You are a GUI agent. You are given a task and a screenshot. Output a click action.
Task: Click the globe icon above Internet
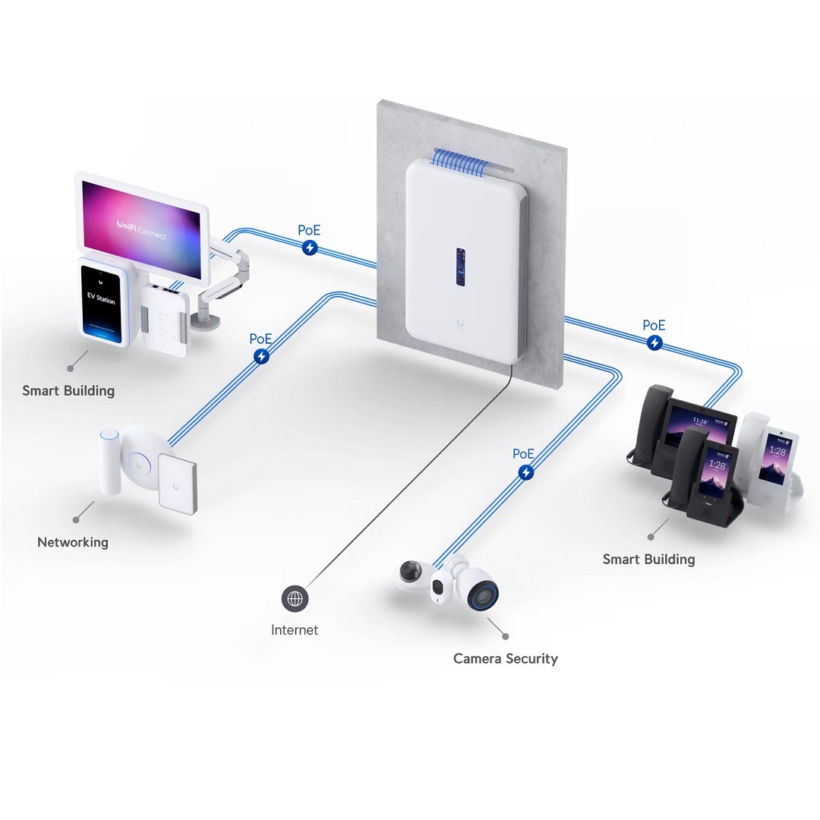(295, 599)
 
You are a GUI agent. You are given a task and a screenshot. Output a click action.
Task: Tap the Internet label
(295, 630)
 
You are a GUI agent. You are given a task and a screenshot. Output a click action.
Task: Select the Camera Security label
(505, 658)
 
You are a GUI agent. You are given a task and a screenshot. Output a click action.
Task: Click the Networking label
(73, 542)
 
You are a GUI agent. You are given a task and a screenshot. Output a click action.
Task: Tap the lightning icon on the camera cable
(525, 473)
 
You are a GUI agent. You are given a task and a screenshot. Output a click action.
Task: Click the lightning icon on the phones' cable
(654, 343)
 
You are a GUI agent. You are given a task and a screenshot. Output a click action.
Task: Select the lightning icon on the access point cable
(261, 356)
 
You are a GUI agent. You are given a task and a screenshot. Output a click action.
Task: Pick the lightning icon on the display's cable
(310, 248)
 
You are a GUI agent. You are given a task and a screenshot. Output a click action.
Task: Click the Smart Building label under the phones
(648, 560)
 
